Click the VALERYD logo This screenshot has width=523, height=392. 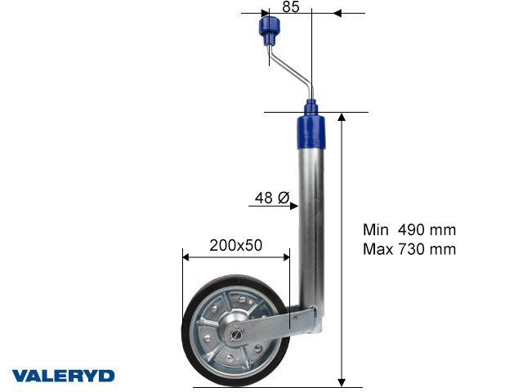pos(64,376)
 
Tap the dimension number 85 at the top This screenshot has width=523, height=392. pos(291,7)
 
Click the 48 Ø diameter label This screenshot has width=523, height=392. pos(272,198)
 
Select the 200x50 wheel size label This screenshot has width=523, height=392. pos(236,245)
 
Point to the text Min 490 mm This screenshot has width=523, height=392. pos(409,229)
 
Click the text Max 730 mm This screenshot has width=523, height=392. pos(409,249)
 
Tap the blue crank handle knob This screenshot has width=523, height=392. pos(270,31)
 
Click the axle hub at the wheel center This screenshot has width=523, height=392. pos(236,333)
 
